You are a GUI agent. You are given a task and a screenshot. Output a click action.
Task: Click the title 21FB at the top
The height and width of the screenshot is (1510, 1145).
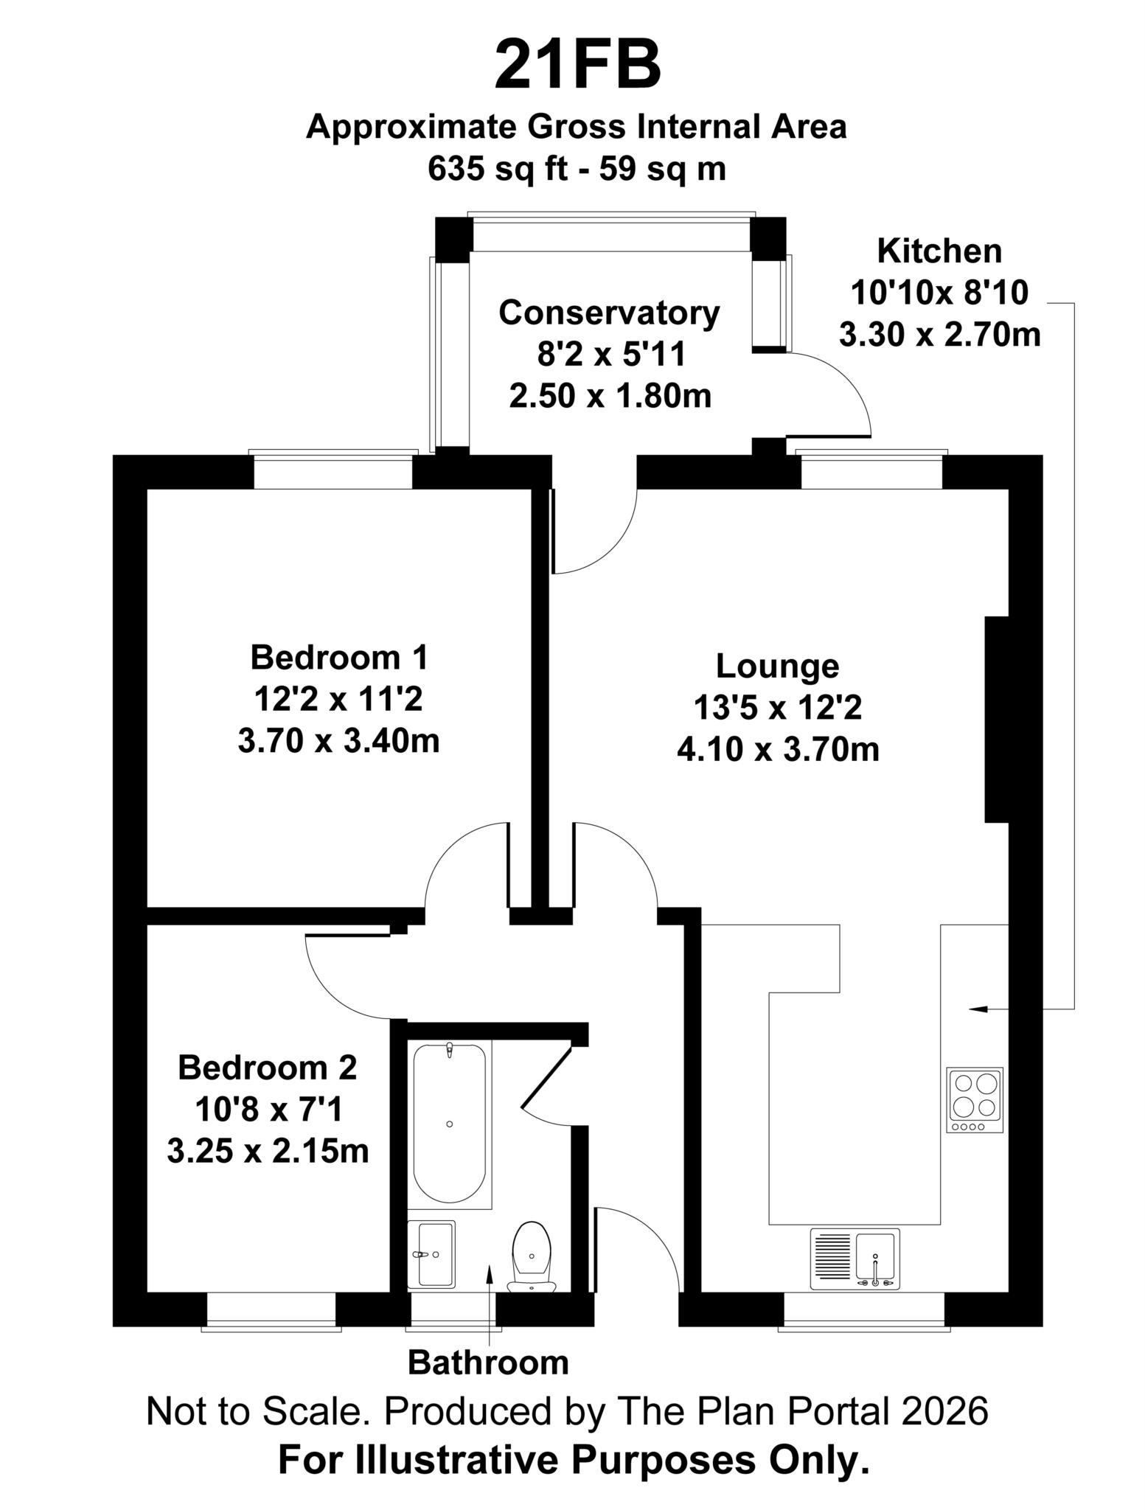(x=577, y=64)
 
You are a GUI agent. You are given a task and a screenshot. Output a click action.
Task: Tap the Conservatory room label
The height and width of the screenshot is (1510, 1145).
(x=609, y=313)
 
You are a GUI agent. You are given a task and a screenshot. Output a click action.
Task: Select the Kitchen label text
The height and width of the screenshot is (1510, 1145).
(x=939, y=251)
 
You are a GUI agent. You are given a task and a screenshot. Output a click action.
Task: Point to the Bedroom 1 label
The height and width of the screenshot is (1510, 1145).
(x=338, y=657)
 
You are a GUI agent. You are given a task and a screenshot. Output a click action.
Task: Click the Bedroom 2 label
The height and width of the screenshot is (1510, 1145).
(x=268, y=1068)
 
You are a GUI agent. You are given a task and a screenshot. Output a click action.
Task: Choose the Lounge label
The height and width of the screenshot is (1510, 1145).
(x=778, y=667)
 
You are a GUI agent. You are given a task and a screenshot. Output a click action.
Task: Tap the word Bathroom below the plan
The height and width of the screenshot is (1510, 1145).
(x=488, y=1363)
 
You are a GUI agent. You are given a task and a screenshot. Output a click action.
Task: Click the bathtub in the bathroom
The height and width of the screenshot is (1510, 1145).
(x=449, y=1124)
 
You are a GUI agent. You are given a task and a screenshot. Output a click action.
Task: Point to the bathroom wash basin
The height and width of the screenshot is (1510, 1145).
(x=431, y=1253)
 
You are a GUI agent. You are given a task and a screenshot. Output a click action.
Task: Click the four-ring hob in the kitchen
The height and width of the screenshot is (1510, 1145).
(x=975, y=1100)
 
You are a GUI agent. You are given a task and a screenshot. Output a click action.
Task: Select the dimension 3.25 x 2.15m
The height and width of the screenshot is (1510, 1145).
(x=268, y=1151)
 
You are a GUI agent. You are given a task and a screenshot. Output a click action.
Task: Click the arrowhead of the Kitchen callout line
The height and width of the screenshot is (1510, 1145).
(x=978, y=1008)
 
